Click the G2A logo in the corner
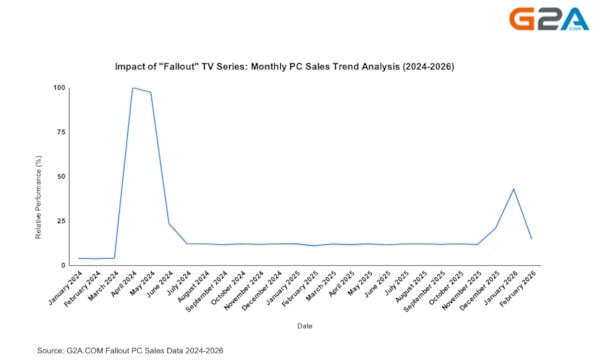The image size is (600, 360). pyautogui.click(x=549, y=21)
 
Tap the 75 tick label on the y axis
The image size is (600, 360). pyautogui.click(x=61, y=132)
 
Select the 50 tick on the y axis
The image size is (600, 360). pyautogui.click(x=61, y=177)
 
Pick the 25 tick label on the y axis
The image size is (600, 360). pyautogui.click(x=61, y=221)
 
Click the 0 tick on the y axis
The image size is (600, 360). pyautogui.click(x=63, y=265)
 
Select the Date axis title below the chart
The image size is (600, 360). pyautogui.click(x=304, y=325)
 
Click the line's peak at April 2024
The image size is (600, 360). pyautogui.click(x=132, y=88)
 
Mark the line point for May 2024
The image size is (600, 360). pyautogui.click(x=150, y=93)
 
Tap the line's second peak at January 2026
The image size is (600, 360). pyautogui.click(x=512, y=188)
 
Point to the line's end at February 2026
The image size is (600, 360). pyautogui.click(x=530, y=238)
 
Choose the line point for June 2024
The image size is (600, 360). pyautogui.click(x=168, y=222)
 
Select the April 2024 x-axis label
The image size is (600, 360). pyautogui.click(x=123, y=287)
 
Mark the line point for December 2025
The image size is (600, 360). pyautogui.click(x=494, y=228)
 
